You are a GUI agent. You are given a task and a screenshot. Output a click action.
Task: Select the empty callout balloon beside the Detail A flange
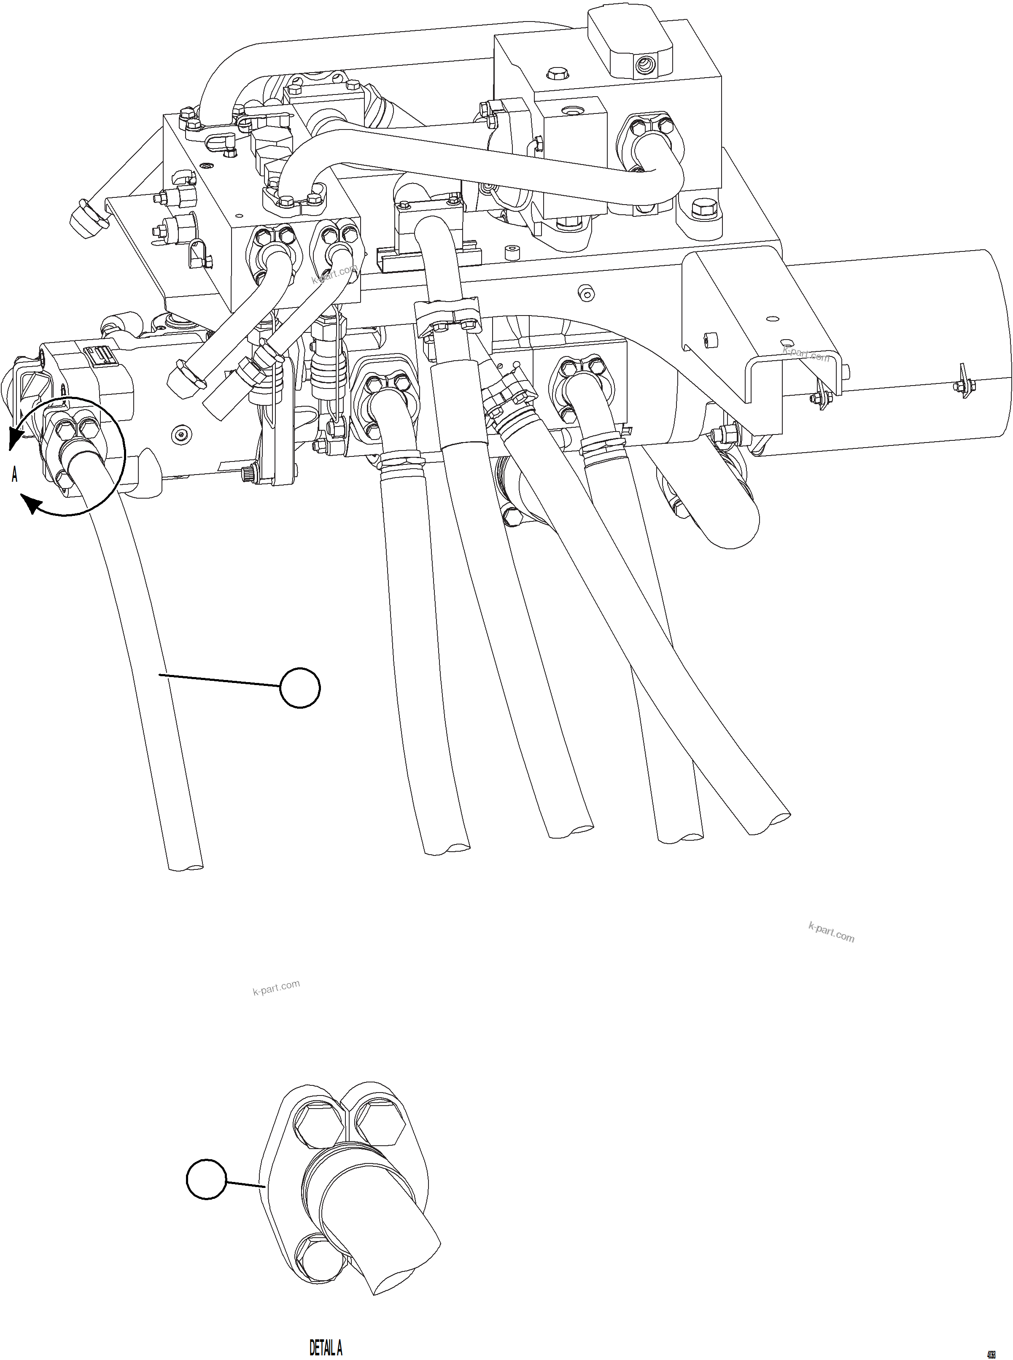tap(207, 1179)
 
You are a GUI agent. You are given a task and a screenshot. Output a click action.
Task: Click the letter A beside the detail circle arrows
tap(15, 475)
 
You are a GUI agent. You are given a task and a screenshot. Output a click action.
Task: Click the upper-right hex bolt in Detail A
tap(379, 1121)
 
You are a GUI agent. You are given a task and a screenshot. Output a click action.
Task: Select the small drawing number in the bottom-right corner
tap(990, 1348)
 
